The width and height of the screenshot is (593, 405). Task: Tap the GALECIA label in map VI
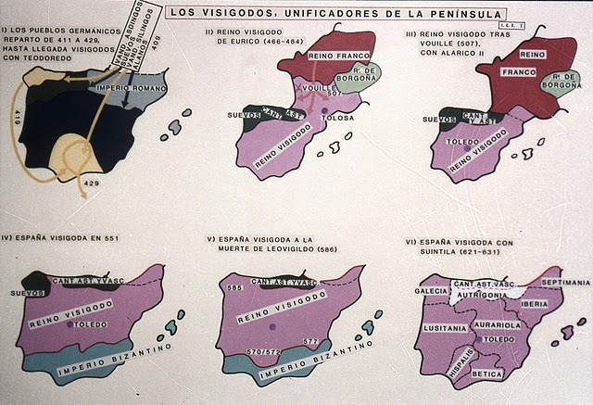click(431, 289)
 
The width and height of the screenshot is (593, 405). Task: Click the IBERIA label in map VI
click(536, 303)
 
